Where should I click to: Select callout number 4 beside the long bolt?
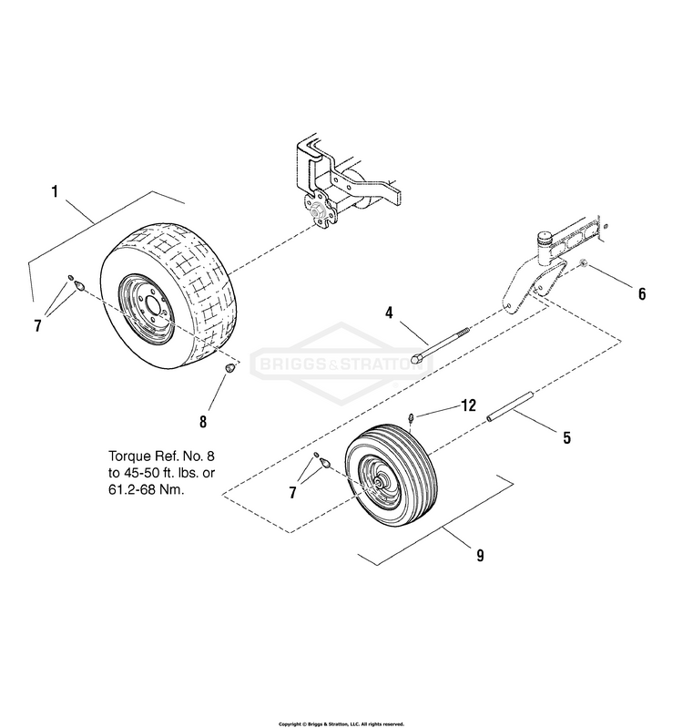pyautogui.click(x=389, y=313)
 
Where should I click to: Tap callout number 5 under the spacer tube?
pyautogui.click(x=566, y=438)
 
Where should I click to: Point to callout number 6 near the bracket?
pyautogui.click(x=641, y=293)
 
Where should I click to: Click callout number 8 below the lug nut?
pyautogui.click(x=203, y=421)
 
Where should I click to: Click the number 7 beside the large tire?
pyautogui.click(x=38, y=325)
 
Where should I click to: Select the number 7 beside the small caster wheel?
pyautogui.click(x=293, y=492)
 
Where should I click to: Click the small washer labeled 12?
pyautogui.click(x=412, y=417)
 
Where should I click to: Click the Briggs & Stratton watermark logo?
pyautogui.click(x=341, y=364)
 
